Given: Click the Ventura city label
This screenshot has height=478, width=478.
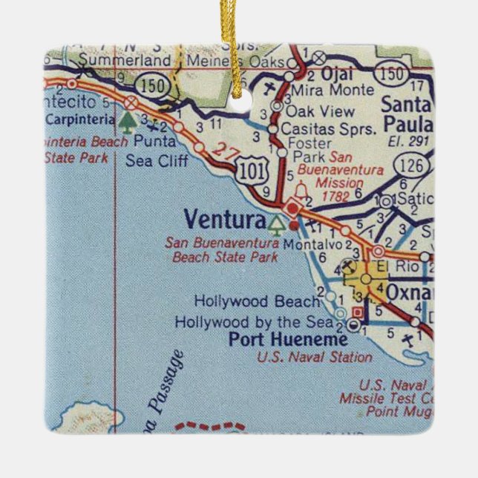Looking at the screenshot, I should (223, 219).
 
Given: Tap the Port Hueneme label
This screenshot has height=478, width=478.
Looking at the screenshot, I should (287, 340).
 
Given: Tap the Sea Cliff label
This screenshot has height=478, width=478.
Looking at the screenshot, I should (157, 159).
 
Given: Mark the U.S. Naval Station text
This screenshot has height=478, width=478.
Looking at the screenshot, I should (315, 357).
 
